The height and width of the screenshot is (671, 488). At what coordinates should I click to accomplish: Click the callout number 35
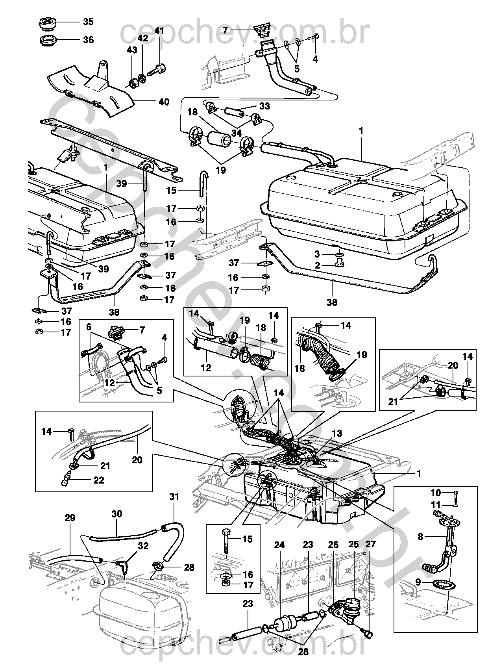(88, 22)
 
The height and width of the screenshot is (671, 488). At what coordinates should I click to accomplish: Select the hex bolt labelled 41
(158, 70)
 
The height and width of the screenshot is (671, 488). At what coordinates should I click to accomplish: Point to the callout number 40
(164, 102)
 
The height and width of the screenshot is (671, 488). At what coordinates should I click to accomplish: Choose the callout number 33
(264, 106)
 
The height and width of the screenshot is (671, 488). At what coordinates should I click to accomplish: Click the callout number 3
(317, 254)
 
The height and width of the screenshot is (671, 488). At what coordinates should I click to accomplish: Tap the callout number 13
(337, 434)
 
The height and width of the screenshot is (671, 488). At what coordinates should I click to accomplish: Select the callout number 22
(98, 480)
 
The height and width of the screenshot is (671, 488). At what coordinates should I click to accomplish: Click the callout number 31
(174, 497)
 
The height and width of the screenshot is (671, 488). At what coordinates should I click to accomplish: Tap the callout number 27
(371, 544)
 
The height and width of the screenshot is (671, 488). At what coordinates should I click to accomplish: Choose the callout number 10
(435, 493)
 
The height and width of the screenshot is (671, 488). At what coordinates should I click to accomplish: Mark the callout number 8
(420, 536)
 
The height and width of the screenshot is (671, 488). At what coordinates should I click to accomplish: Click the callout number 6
(89, 326)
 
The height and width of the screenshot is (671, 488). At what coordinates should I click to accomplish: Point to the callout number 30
(117, 513)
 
